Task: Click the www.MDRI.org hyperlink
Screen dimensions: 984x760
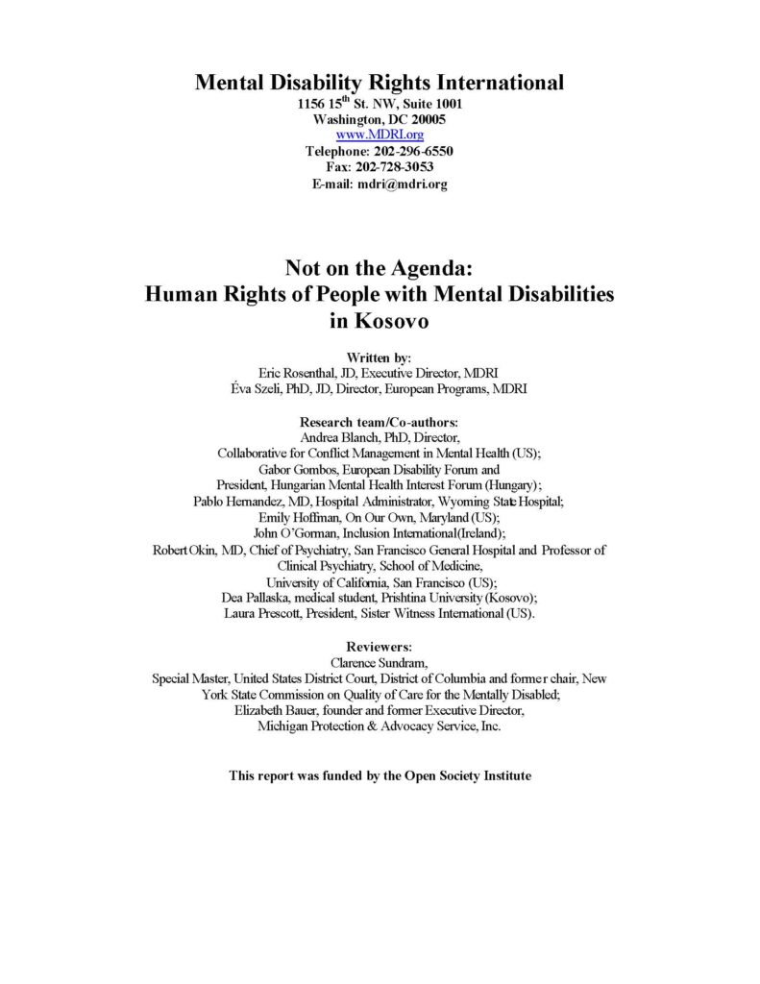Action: point(380,135)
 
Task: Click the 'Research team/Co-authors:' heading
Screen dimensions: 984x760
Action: point(379,422)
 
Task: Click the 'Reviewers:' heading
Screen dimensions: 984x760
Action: point(379,647)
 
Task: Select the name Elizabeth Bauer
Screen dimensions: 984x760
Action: point(278,710)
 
